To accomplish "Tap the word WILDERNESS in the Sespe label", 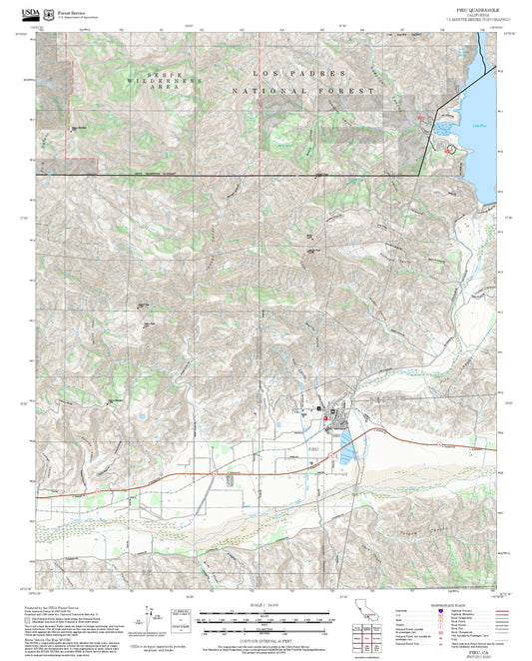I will pyautogui.click(x=151, y=81).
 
